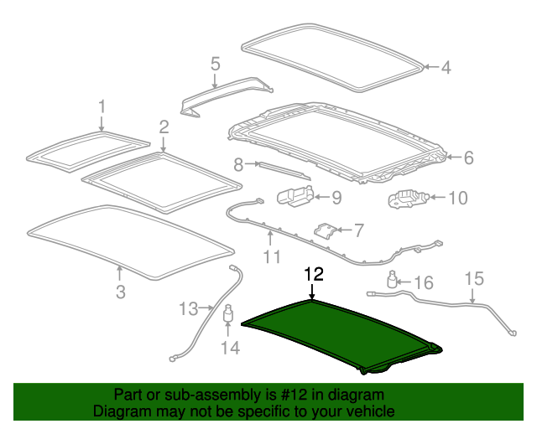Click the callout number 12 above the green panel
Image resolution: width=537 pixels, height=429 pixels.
(312, 274)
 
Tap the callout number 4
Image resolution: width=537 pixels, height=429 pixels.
(446, 68)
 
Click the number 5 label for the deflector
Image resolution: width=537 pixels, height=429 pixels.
(215, 64)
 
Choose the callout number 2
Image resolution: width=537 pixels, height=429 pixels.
(164, 127)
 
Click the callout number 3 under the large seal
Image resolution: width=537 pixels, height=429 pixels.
(120, 292)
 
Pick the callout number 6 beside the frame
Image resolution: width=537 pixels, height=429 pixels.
(468, 157)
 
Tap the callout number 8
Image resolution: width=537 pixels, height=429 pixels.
(238, 164)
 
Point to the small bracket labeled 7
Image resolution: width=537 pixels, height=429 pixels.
(326, 229)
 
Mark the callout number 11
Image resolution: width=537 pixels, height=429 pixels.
(270, 256)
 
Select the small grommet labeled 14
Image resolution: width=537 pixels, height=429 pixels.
(227, 319)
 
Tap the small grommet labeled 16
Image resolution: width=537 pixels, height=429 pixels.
(393, 279)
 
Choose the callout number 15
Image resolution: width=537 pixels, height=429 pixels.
(474, 278)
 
